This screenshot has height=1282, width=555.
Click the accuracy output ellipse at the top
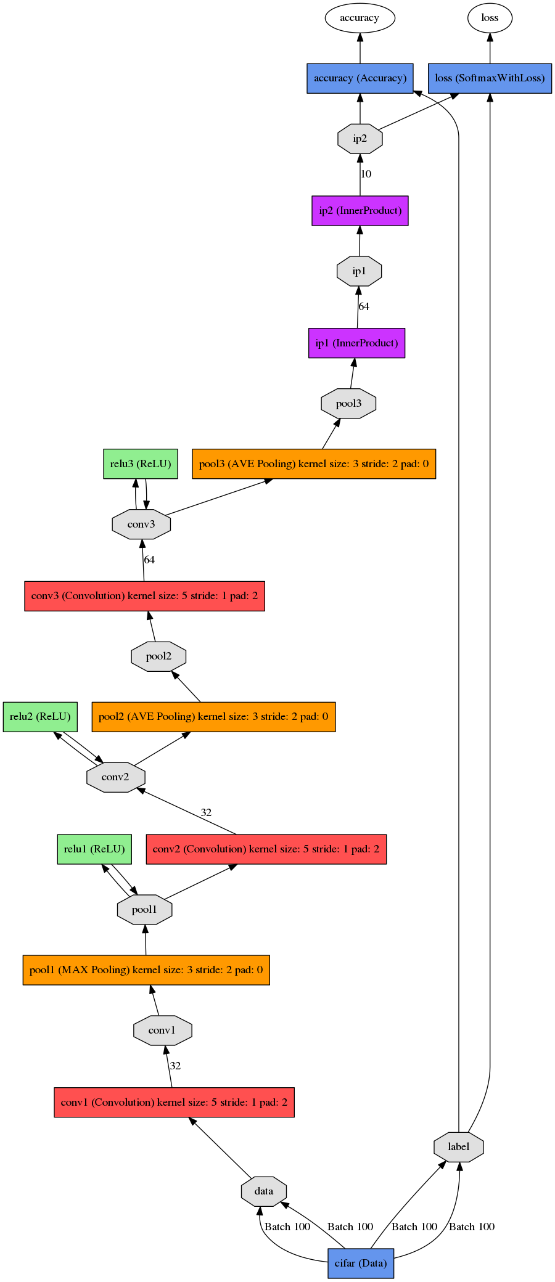(360, 18)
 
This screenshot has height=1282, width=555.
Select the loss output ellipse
(490, 18)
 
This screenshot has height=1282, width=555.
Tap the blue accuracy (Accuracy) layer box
(360, 78)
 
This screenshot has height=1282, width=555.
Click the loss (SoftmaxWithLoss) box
(490, 78)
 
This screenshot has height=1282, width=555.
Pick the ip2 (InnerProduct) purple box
(360, 211)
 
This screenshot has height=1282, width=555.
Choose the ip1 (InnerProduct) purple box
(357, 343)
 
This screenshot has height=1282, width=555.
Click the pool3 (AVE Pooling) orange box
(314, 464)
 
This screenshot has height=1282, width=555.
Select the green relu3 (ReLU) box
(141, 464)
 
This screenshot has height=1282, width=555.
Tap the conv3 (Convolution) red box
(145, 596)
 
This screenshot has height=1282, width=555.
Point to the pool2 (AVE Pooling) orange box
(213, 717)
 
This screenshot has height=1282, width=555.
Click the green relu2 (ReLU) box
(40, 717)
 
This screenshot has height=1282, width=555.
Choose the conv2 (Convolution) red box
(266, 849)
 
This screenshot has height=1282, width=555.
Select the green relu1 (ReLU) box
(94, 849)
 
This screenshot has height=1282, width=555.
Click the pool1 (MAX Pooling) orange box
(146, 970)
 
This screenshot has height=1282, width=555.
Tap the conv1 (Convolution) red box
(175, 1103)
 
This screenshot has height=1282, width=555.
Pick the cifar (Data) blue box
(361, 1264)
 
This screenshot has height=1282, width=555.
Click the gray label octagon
(459, 1147)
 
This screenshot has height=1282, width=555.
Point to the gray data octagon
(264, 1191)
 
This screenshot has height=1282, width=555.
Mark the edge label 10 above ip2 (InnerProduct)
(366, 174)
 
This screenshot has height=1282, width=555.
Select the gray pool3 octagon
(349, 404)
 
